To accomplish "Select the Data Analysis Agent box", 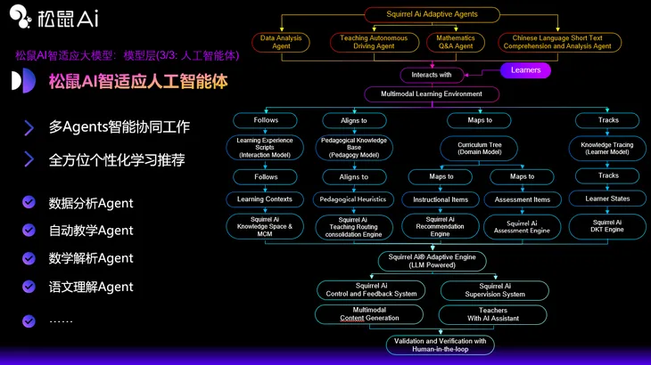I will point(281,42).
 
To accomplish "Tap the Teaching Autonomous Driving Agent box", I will point(374,42).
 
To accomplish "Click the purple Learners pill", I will point(526,70).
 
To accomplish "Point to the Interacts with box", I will point(432,75).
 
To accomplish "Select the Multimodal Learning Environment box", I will point(431,93).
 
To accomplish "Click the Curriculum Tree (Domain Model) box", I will point(480,148).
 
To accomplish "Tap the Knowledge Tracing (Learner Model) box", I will point(608,148).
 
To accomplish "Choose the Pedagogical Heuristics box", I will point(353,199).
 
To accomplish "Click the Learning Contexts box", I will point(265,199).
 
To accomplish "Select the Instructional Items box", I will point(441,199).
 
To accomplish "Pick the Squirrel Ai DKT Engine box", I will point(608,226).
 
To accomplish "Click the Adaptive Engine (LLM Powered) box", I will point(432,261).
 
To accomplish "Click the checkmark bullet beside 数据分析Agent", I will point(29,203).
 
